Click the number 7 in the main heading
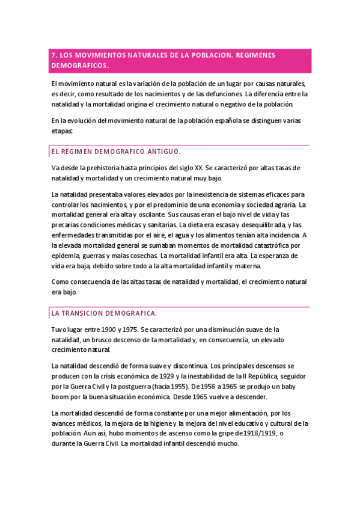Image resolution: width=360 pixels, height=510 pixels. point(53,55)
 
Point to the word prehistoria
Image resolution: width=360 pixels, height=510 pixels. point(102,167)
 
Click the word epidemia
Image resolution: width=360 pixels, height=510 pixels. point(66,256)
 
